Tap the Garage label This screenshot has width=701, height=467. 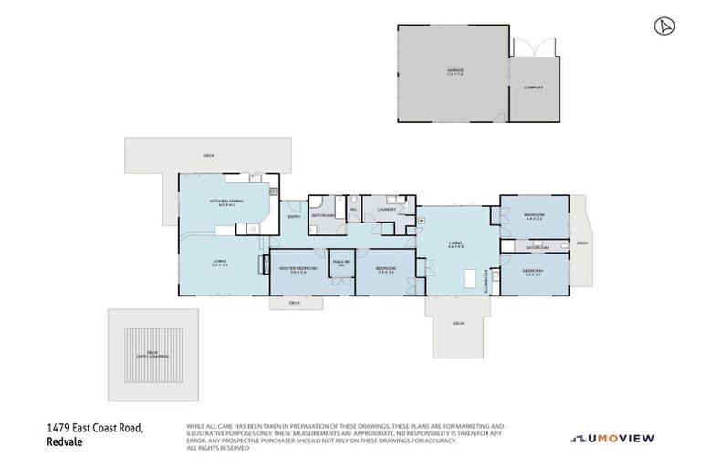point(455,70)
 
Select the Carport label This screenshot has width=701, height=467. point(534,88)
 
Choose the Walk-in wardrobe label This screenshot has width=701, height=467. point(340,262)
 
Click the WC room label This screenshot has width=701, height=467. point(352,210)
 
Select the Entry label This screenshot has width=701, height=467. point(294,217)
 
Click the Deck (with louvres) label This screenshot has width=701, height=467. point(152,354)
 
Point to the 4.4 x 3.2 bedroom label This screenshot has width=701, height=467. point(534,216)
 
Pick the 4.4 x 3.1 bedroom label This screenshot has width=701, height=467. point(534,273)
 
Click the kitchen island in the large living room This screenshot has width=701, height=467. point(472,280)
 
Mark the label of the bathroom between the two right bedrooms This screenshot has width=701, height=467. point(537,247)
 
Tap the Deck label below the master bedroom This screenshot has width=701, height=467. point(294,303)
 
